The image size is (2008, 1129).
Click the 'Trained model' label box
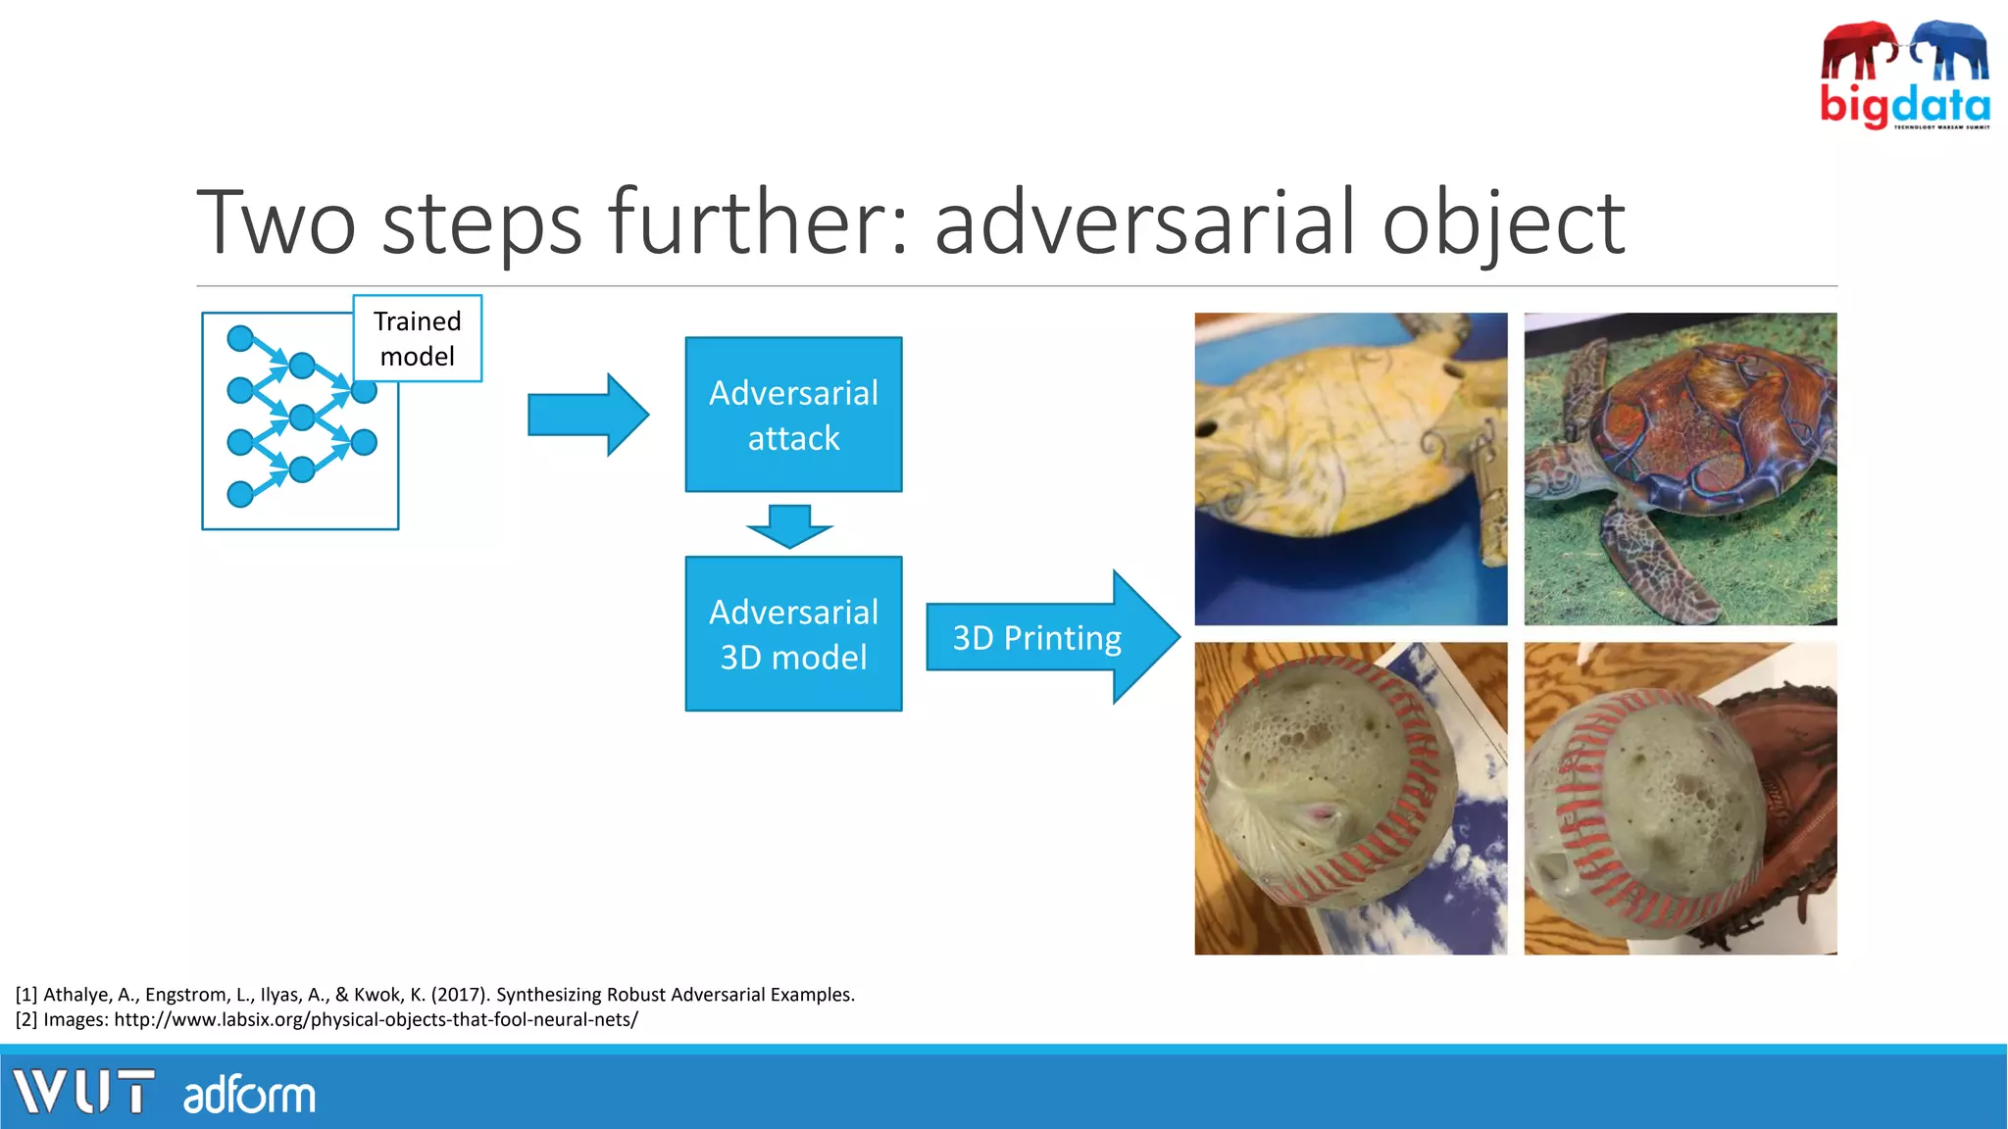417,338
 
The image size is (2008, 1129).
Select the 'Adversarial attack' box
793,415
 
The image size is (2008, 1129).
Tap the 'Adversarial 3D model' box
793,634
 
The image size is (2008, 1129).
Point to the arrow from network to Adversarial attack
586,415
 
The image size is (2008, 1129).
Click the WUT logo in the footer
84,1092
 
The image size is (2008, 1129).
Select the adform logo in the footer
249,1095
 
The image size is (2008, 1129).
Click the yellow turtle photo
1350,468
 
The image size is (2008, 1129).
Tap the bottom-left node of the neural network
240,494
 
